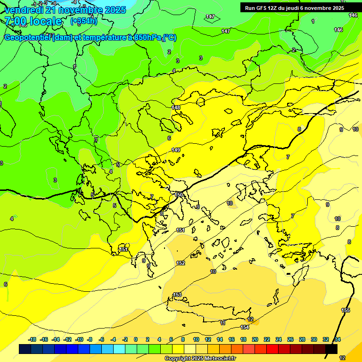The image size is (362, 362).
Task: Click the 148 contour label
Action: coord(176,107)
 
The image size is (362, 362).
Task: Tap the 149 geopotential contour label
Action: coord(176,150)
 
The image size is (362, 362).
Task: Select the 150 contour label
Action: coord(179,195)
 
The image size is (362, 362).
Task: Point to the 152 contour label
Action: coord(181,263)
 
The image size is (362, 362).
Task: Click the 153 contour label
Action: coord(177,295)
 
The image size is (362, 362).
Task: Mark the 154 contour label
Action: coord(245,327)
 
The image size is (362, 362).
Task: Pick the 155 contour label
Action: coord(346,310)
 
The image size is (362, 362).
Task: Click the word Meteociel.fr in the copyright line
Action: coord(217,358)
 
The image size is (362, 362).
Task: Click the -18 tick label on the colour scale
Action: coord(33,339)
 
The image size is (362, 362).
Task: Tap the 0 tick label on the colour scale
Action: coord(136,339)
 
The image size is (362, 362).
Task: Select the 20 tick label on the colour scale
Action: coord(255,339)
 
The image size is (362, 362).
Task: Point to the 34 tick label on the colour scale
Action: coord(337,339)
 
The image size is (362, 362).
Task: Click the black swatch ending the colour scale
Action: coord(331,349)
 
